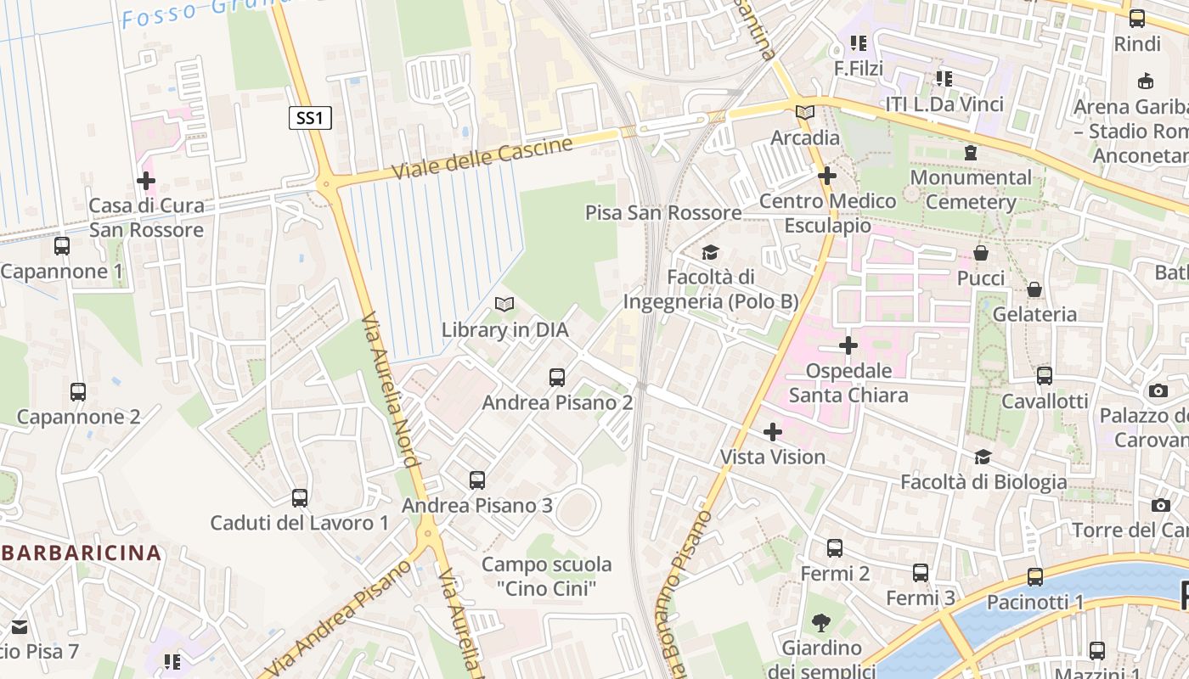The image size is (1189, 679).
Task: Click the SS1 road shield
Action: point(309,118)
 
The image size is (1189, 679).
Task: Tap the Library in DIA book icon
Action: point(504,304)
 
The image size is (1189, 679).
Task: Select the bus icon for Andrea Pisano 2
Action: point(557,377)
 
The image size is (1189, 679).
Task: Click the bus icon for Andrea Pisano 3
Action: point(477,480)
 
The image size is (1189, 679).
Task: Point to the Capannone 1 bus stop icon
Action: point(61,246)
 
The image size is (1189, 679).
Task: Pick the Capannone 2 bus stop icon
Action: point(78,391)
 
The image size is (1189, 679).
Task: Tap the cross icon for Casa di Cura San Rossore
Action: point(146,181)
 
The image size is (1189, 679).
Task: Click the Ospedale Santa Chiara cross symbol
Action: point(848,345)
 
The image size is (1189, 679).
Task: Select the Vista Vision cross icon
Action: point(772,432)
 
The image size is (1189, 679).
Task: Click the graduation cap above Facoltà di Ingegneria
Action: point(710,252)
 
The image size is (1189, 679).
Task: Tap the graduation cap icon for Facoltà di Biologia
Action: point(983,457)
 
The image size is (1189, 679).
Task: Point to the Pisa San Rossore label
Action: point(663,212)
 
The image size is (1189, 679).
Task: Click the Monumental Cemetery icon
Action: point(970,153)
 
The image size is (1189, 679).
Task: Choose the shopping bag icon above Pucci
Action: point(981,253)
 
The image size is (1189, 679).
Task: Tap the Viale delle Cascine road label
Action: point(482,158)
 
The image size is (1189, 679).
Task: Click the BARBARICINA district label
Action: point(81,553)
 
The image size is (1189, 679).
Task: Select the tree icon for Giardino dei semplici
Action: point(821,624)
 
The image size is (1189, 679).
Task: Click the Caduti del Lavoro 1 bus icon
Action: point(299,498)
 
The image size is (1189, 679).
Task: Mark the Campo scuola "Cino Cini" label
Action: point(546,575)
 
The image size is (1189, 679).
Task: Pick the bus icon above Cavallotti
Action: point(1045,375)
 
